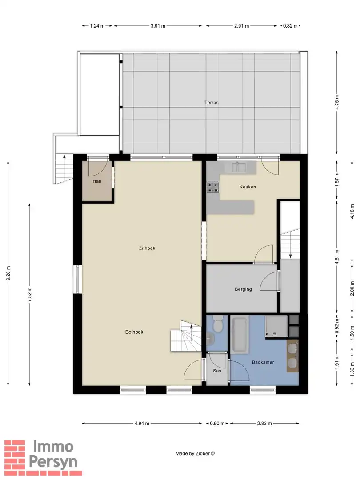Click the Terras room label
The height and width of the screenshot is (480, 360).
pyautogui.click(x=211, y=103)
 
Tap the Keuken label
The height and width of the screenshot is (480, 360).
pyautogui.click(x=248, y=187)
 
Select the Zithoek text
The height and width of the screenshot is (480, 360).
pyautogui.click(x=147, y=248)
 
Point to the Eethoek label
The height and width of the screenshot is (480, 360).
pyautogui.click(x=134, y=332)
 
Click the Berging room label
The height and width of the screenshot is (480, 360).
pyautogui.click(x=244, y=289)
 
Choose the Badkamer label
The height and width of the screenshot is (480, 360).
pyautogui.click(x=263, y=362)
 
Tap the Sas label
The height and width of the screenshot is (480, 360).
pyautogui.click(x=217, y=371)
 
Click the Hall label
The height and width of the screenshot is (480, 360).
pyautogui.click(x=97, y=181)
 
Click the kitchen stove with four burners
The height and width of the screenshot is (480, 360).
pyautogui.click(x=213, y=188)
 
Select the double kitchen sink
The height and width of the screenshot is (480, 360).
pyautogui.click(x=240, y=167)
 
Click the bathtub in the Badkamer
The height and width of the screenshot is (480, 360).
pyautogui.click(x=240, y=335)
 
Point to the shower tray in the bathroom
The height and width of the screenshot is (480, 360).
pyautogui.click(x=276, y=327)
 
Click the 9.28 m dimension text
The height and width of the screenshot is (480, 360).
pyautogui.click(x=8, y=273)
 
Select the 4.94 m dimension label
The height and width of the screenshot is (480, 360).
pyautogui.click(x=142, y=424)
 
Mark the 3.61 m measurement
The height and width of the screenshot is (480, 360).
pyautogui.click(x=158, y=26)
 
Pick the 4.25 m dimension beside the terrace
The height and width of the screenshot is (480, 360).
pyautogui.click(x=337, y=103)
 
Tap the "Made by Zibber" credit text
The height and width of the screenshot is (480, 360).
pyautogui.click(x=195, y=453)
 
